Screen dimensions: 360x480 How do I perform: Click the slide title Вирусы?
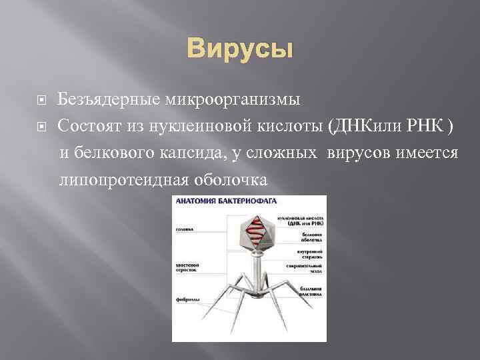click(239, 49)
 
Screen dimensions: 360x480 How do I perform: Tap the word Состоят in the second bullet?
click(87, 125)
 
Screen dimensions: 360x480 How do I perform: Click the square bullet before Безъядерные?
click(42, 101)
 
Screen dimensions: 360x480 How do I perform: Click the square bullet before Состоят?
click(42, 126)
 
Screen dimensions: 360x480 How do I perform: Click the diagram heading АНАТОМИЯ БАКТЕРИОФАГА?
click(226, 200)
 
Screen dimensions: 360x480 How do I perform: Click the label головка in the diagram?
click(184, 230)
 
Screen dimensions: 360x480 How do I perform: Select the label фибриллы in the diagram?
click(185, 300)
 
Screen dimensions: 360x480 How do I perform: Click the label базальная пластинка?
click(309, 291)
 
